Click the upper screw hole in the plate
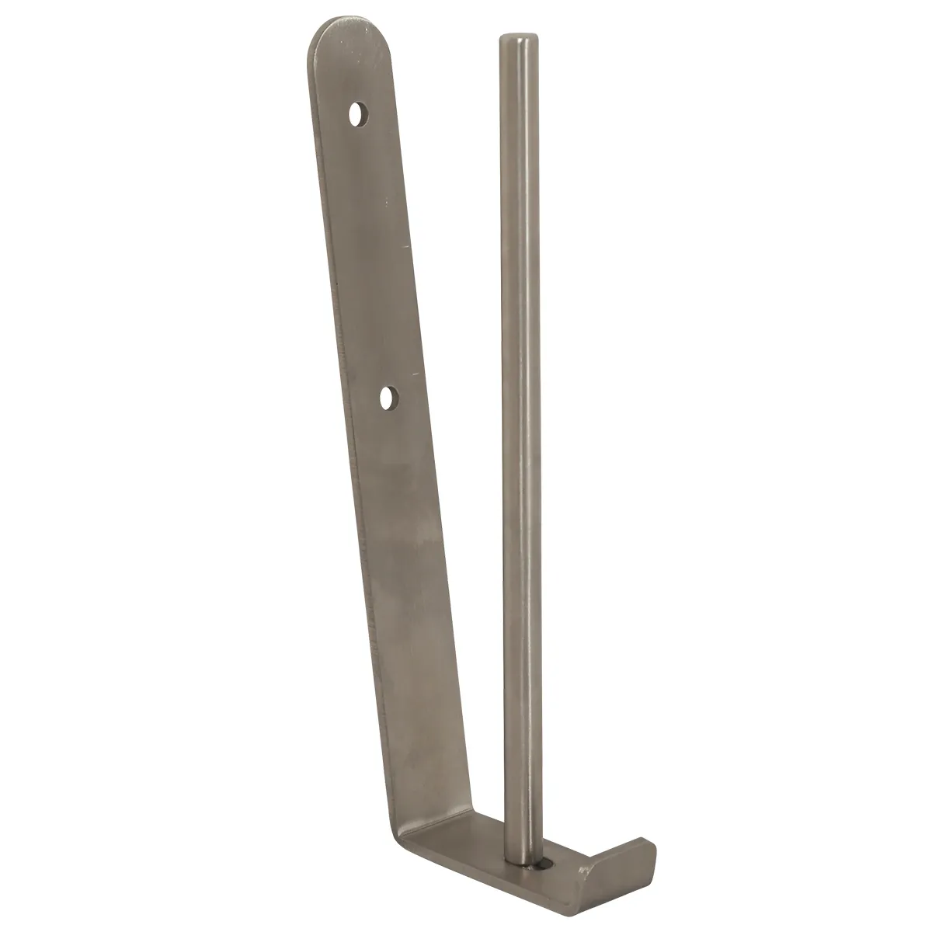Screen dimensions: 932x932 pyautogui.click(x=358, y=116)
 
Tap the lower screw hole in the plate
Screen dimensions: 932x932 pyautogui.click(x=389, y=398)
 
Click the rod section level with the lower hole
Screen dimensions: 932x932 pyautogui.click(x=519, y=398)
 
